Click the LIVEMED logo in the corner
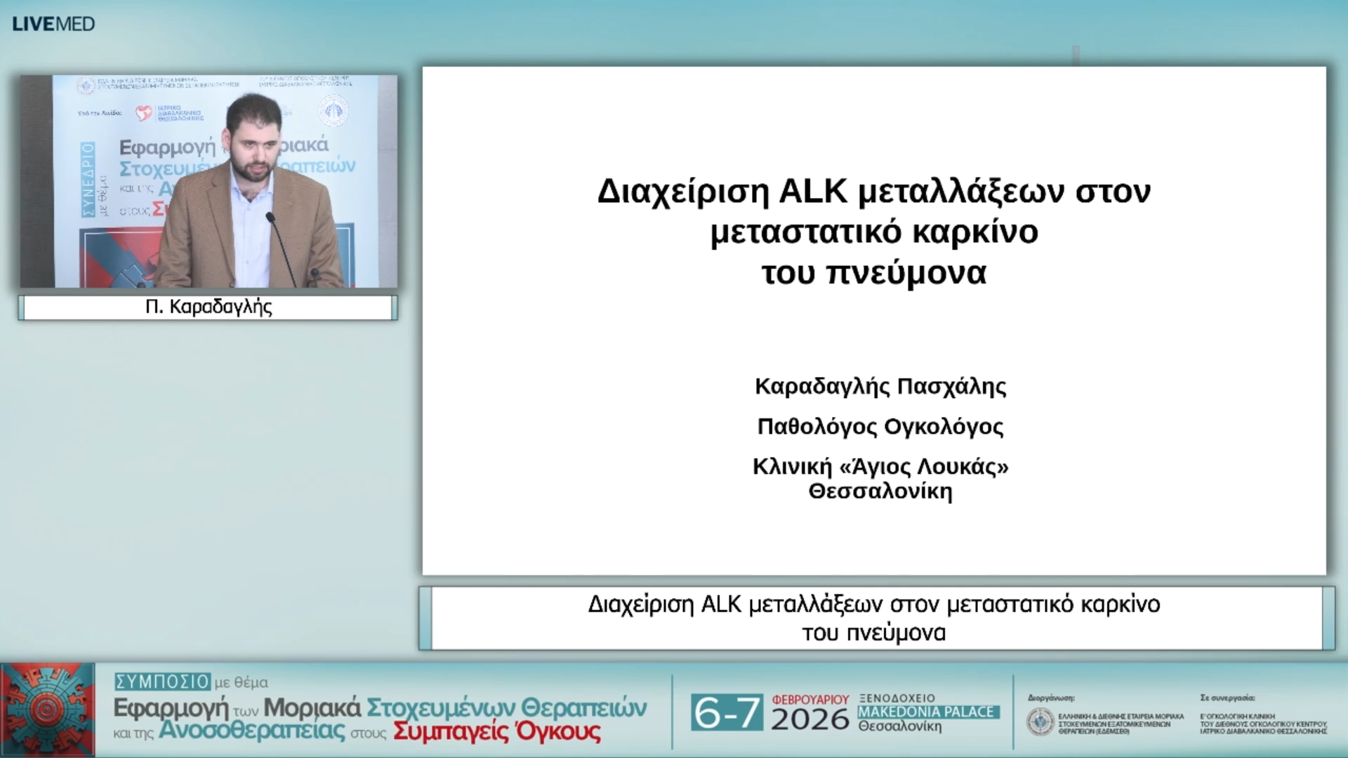(53, 24)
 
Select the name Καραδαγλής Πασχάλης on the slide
(880, 386)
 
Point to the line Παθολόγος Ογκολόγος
(880, 426)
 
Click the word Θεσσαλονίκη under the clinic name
(880, 491)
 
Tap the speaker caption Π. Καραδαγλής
(209, 307)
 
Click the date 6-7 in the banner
(726, 713)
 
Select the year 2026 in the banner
(810, 720)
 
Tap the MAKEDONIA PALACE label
(926, 712)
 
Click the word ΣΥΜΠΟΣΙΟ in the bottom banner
(162, 681)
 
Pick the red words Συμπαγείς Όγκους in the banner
(496, 731)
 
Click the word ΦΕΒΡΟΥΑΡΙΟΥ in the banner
(810, 700)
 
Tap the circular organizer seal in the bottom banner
(1040, 722)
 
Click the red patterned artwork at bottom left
(47, 710)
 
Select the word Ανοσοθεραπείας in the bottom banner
(251, 731)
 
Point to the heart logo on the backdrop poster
(144, 113)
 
